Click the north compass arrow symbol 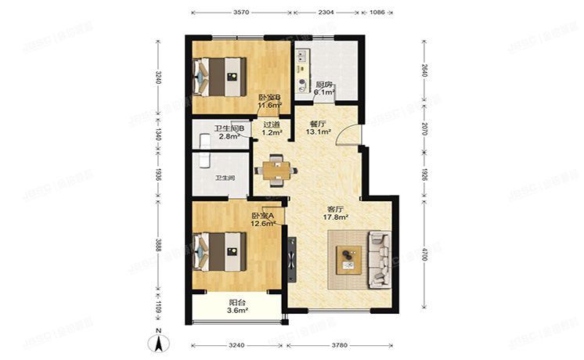[x=159, y=340]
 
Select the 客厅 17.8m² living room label [x=337, y=214]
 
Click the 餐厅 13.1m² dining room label [x=317, y=128]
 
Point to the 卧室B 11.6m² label [x=269, y=101]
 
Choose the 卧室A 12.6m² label [x=263, y=220]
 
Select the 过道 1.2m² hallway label [x=272, y=128]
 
